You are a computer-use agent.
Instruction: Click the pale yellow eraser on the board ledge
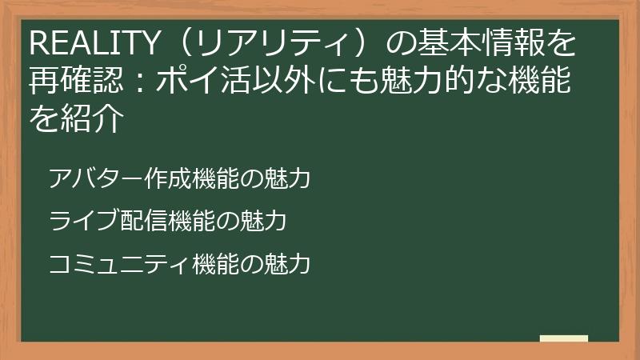tap(564, 338)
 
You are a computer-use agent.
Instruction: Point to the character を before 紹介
tap(45, 120)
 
